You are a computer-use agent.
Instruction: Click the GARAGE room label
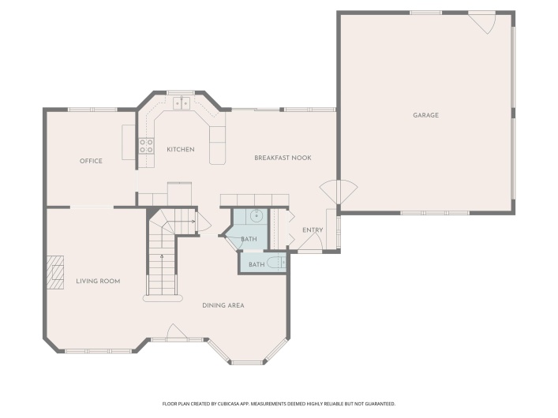click(x=425, y=115)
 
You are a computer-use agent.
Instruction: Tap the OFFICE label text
click(x=91, y=161)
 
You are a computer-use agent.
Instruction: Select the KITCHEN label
click(x=181, y=149)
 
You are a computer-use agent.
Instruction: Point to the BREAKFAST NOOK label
click(x=283, y=158)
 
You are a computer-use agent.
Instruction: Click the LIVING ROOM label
click(x=98, y=281)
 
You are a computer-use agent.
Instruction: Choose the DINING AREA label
click(x=223, y=305)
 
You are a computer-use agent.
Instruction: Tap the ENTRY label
click(x=313, y=230)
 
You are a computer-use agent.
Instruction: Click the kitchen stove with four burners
click(x=146, y=145)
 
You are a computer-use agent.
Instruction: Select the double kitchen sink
click(x=182, y=103)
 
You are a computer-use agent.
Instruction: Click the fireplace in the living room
click(x=55, y=272)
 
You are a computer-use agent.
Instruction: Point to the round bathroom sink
click(x=257, y=215)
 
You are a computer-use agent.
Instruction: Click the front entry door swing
click(x=310, y=242)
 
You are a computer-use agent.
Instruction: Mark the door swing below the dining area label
click(x=177, y=331)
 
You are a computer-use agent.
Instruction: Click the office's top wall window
click(x=92, y=110)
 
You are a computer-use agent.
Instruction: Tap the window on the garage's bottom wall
click(x=435, y=213)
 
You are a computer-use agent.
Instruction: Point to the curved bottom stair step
click(x=163, y=298)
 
